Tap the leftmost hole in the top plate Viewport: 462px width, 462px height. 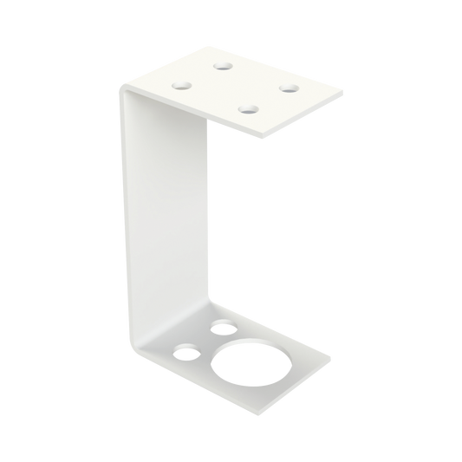click(184, 86)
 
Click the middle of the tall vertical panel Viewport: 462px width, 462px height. click(169, 217)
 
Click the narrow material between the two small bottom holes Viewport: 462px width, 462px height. click(205, 341)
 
